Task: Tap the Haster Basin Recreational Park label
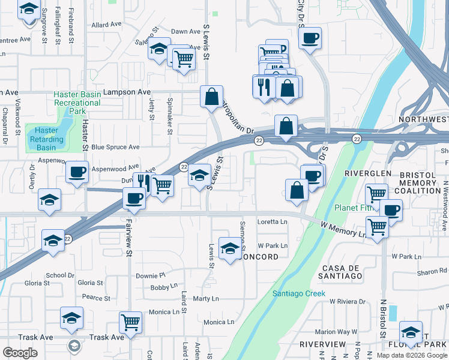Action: [x=77, y=103]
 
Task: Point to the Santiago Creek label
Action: [x=298, y=293]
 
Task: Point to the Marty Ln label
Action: [x=206, y=299]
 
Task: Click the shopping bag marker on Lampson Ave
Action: [x=212, y=96]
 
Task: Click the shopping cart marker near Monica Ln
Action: [x=130, y=322]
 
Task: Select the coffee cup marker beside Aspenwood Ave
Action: [x=77, y=172]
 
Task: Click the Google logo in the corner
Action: [x=20, y=353]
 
